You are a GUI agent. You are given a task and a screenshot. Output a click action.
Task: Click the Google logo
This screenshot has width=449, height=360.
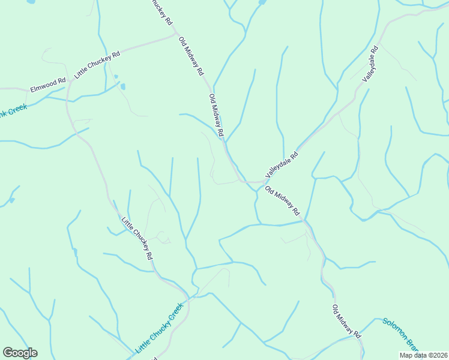20,353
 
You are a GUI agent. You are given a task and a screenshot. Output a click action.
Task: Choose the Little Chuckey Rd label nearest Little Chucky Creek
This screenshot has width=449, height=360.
137,238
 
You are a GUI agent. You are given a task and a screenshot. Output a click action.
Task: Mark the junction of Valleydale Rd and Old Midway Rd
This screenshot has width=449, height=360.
262,181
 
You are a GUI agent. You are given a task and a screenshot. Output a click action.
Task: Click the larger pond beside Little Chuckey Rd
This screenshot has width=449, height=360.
123,86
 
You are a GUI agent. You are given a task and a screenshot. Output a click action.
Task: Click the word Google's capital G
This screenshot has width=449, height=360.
8,353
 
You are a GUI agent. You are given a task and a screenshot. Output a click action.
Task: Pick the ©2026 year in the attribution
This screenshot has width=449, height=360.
436,355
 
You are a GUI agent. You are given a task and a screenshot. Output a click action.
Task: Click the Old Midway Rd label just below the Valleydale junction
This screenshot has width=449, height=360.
282,201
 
